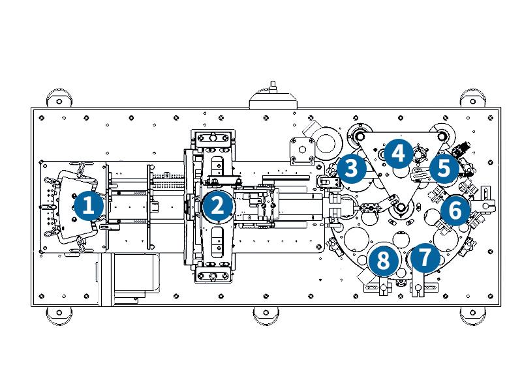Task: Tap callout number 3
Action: click(x=351, y=169)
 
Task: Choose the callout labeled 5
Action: click(x=444, y=169)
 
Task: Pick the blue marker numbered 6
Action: click(x=455, y=210)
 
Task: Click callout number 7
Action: click(x=425, y=257)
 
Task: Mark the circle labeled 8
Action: click(x=383, y=261)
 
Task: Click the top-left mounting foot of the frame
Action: click(x=59, y=100)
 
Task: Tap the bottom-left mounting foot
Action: click(x=59, y=316)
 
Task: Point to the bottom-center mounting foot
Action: click(x=267, y=316)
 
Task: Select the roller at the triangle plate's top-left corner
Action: click(x=358, y=136)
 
